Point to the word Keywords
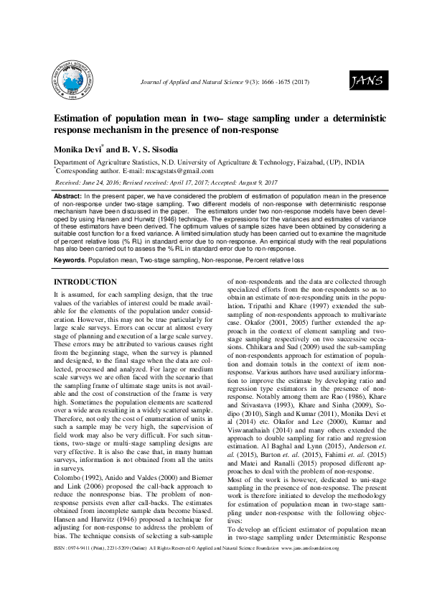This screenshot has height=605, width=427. click(x=70, y=257)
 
